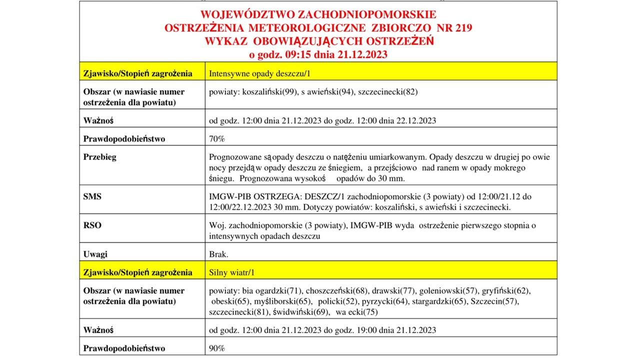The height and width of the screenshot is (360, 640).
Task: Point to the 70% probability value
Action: click(216, 138)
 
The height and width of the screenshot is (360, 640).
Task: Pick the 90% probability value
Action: click(216, 348)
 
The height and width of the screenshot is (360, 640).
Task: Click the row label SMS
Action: click(92, 196)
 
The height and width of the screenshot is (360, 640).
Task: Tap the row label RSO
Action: click(92, 225)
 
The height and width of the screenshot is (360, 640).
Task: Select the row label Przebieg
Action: click(100, 157)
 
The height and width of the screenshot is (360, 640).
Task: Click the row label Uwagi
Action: click(95, 254)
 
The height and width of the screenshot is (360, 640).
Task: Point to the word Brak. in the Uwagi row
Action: click(218, 254)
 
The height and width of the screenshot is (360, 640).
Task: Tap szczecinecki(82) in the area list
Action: click(388, 91)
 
